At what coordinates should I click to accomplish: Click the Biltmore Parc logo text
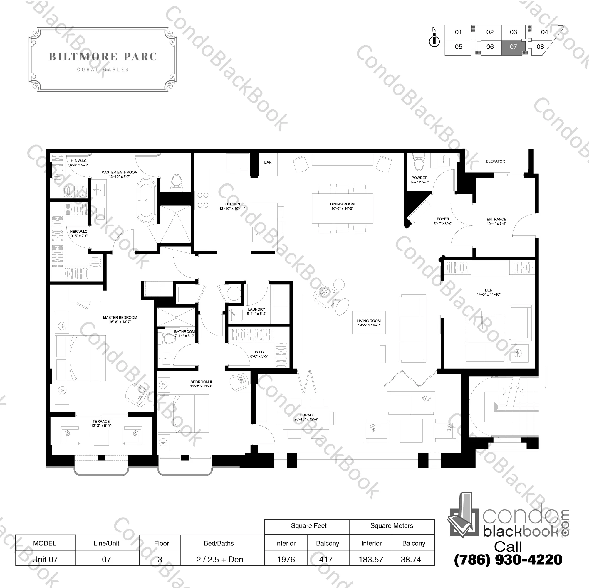click(x=103, y=57)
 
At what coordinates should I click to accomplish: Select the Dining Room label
click(x=342, y=207)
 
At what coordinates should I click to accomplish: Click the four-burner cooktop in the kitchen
click(x=202, y=200)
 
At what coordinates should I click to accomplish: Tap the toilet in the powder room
click(x=418, y=161)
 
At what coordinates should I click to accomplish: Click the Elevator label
click(x=495, y=161)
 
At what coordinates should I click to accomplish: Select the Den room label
click(x=489, y=292)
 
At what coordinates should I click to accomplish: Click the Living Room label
click(x=369, y=323)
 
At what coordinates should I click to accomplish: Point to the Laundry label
click(x=256, y=311)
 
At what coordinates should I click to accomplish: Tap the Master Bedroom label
click(x=120, y=320)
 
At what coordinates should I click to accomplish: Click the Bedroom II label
click(x=201, y=384)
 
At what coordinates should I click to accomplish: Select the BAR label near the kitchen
click(x=268, y=162)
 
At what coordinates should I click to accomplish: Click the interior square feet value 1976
click(x=286, y=559)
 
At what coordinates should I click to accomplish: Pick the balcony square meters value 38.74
click(x=411, y=559)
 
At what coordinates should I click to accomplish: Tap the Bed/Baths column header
click(x=219, y=543)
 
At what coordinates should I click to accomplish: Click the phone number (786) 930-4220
click(x=508, y=559)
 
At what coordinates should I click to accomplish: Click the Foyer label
click(x=443, y=221)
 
